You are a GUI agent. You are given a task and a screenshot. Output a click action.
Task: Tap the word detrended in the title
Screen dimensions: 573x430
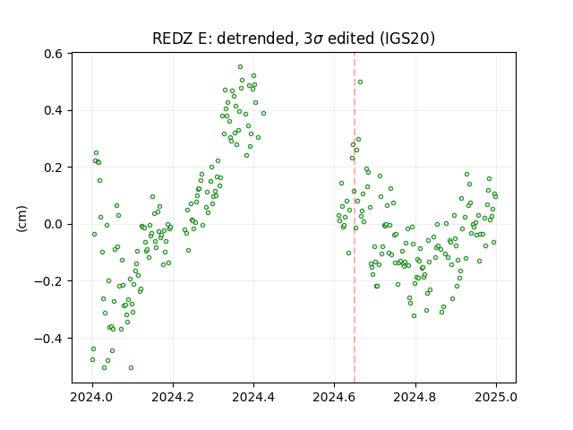[256, 39]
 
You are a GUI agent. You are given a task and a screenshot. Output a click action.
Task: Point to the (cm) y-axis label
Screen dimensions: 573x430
[21, 219]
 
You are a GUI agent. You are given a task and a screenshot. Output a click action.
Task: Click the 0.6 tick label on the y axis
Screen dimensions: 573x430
[53, 54]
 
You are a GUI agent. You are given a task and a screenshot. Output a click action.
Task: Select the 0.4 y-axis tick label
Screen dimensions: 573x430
[53, 110]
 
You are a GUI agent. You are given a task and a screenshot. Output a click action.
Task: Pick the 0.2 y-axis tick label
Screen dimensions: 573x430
[53, 168]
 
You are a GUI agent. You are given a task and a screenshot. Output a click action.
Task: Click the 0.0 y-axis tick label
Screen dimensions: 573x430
[53, 224]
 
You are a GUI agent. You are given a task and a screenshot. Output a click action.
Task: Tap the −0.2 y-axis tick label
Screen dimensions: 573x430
[48, 281]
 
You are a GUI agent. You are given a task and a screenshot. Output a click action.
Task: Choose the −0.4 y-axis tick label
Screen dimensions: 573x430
[48, 339]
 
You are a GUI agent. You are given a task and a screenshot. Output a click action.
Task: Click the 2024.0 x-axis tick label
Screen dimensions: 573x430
[91, 397]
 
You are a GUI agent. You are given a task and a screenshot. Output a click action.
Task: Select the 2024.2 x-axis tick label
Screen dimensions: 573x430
[173, 397]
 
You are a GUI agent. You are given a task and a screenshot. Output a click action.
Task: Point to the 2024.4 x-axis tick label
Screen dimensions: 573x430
[253, 397]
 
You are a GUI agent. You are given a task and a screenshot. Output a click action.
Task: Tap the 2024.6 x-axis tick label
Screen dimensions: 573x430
[334, 397]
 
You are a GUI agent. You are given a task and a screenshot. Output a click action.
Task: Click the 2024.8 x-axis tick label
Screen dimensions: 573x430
[415, 397]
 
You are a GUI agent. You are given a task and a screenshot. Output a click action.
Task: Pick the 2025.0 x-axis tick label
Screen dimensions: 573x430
[496, 397]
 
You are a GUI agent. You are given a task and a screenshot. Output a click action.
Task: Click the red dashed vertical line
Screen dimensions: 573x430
[355, 218]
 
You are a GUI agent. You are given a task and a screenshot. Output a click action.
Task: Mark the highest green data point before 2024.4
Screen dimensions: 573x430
[240, 67]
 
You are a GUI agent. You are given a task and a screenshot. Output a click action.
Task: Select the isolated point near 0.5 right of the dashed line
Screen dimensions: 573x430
[360, 82]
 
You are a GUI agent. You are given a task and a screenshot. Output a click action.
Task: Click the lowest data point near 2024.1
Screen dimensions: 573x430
[132, 368]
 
